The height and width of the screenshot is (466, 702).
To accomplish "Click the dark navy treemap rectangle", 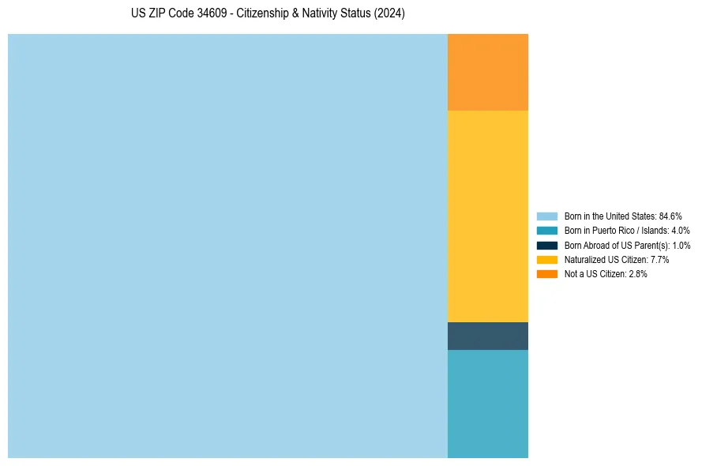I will point(487,336).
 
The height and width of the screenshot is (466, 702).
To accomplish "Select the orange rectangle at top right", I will point(487,72).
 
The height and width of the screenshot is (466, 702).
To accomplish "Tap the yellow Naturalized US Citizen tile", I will point(487,216).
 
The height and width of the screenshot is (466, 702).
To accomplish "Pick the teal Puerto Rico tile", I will point(487,403).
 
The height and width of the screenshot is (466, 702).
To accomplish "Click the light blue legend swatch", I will point(546,216).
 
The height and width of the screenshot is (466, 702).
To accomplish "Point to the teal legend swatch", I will point(546,231).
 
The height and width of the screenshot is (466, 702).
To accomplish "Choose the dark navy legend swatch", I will point(546,245).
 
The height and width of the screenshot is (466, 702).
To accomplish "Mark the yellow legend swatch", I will point(546,259).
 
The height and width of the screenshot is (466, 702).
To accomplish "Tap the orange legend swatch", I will point(546,273).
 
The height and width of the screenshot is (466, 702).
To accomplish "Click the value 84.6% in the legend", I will point(670,216).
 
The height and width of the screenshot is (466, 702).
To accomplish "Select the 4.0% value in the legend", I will point(680,231).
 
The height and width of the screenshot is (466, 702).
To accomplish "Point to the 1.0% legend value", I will point(681,245).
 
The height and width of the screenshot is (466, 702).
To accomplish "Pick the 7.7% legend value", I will point(659,259).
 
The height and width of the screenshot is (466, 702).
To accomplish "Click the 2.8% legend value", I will point(637,273).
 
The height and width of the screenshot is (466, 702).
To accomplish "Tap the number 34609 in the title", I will point(204,14).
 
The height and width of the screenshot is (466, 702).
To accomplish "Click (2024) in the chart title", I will point(389,14).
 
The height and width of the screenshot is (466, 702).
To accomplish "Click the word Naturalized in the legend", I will point(584,259).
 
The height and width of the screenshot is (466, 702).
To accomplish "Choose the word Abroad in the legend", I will point(594,245).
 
